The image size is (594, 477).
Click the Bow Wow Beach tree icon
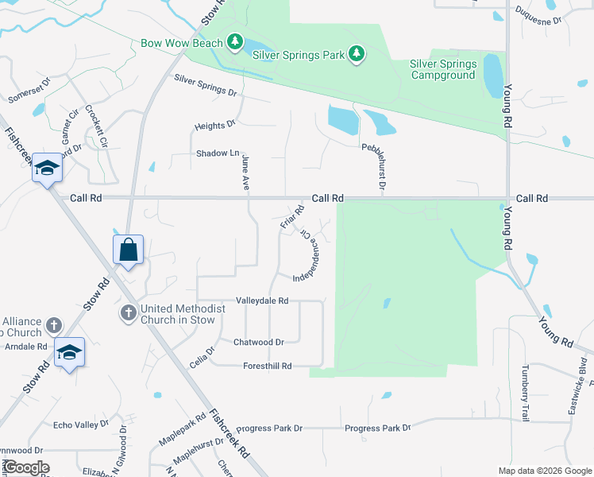pos(234,41)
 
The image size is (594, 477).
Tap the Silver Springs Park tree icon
pos(357,53)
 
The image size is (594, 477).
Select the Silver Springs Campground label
pos(443,70)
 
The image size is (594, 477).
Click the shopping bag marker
pos(128,250)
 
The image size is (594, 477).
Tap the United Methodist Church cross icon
pos(129,313)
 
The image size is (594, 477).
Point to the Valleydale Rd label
pos(261,301)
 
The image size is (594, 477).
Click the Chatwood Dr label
pos(258,342)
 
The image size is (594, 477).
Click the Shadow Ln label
pos(218,153)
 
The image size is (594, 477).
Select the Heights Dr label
pos(215,125)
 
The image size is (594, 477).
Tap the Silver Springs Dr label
pos(205,86)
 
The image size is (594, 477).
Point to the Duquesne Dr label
pos(538,14)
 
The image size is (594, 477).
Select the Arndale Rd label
pos(26,347)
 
